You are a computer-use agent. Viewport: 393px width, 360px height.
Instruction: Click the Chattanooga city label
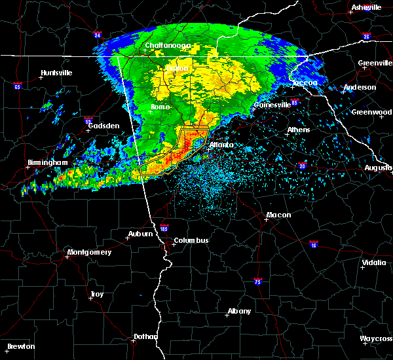[168, 45]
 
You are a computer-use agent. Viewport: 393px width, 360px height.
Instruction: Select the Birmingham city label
[47, 162]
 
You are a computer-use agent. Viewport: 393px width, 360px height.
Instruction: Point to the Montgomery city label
[90, 252]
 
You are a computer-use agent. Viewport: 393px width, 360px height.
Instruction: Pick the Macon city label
[278, 215]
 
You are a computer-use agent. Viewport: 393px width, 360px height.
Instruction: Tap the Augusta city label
[378, 168]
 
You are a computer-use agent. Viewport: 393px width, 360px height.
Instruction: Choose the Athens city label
[299, 130]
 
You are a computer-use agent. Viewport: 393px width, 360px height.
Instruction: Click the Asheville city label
[365, 7]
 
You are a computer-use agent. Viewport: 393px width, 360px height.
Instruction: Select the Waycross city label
[376, 338]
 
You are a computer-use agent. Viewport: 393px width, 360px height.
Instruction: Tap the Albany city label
[239, 311]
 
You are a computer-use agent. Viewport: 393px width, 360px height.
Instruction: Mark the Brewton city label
[21, 346]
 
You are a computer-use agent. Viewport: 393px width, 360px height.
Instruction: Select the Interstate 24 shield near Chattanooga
[97, 35]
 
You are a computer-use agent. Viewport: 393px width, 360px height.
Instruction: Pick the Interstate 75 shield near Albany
[257, 281]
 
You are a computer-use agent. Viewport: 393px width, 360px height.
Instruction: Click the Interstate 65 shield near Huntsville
[17, 86]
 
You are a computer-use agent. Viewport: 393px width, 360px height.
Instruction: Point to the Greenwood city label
[371, 112]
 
